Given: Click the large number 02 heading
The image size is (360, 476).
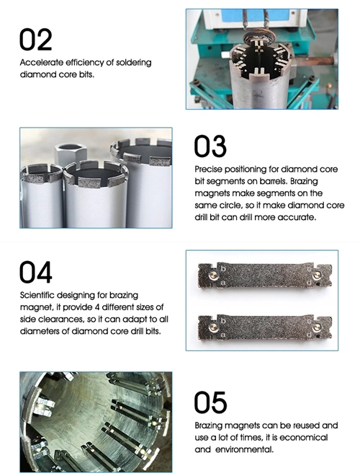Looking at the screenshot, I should pyautogui.click(x=35, y=40).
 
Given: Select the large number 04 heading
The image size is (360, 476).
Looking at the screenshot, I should pyautogui.click(x=36, y=273).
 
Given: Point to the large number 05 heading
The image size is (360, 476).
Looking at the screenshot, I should pyautogui.click(x=210, y=402).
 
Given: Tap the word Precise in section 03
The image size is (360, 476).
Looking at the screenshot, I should pyautogui.click(x=210, y=170).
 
